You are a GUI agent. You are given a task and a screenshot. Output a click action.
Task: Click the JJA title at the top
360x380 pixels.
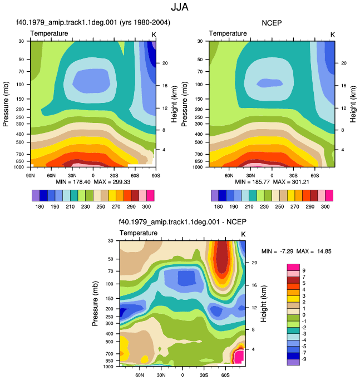click(180, 7)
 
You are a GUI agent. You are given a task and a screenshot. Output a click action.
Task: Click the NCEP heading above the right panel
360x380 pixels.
click(272, 23)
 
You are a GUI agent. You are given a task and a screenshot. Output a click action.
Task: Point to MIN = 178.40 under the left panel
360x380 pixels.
click(73, 182)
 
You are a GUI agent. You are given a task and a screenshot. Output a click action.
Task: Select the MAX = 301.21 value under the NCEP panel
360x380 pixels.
click(291, 182)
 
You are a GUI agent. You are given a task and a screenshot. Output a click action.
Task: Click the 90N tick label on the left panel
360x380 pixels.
click(30, 175)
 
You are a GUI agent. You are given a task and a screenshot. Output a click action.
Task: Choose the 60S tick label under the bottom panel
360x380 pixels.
click(225, 375)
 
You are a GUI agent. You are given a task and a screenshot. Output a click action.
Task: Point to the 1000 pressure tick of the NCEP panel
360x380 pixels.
click(198, 167)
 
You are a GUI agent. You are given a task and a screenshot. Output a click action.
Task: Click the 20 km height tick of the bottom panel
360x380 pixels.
click(254, 263)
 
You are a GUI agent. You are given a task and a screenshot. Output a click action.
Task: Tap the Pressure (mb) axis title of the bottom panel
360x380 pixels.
click(95, 304)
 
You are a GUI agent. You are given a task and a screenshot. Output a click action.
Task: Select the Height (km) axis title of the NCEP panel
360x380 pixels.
click(353, 104)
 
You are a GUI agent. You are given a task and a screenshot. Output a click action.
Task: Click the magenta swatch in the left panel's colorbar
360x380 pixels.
click(150, 196)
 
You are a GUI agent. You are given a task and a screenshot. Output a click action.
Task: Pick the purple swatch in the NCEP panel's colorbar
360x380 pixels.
click(215, 196)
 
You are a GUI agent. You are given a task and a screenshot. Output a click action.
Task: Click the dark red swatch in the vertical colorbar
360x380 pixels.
click(293, 280)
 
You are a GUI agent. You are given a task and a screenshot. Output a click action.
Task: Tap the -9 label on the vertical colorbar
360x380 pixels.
click(304, 359)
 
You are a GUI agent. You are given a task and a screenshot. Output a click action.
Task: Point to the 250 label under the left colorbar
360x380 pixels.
click(101, 207)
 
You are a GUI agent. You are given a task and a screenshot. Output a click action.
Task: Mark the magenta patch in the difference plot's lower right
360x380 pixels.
click(239, 356)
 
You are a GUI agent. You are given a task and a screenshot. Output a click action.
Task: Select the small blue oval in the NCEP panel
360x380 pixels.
click(269, 83)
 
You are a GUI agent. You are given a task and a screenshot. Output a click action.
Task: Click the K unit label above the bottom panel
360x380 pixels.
click(243, 234)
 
